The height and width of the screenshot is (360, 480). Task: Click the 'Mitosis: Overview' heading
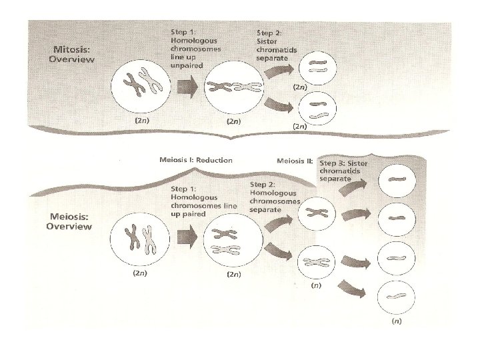tap(71, 54)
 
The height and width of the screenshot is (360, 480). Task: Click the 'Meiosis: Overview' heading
tap(69, 221)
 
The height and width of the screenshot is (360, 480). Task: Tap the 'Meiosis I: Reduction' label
tap(196, 160)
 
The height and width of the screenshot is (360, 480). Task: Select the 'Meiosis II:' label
tap(295, 161)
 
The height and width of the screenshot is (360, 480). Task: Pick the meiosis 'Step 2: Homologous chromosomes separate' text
tap(275, 196)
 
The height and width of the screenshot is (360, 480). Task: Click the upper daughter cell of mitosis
tap(317, 65)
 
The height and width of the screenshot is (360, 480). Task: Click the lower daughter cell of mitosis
tap(316, 108)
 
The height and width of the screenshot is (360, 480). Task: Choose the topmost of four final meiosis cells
tap(397, 179)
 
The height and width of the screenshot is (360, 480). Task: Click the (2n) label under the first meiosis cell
tap(140, 273)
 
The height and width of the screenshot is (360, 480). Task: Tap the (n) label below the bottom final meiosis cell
tap(397, 321)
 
